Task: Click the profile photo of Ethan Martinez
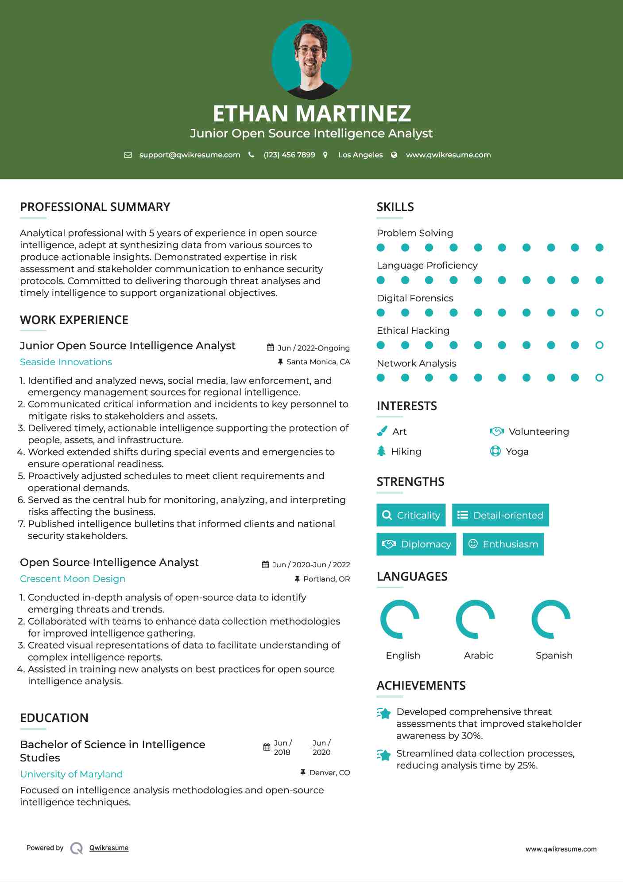(311, 59)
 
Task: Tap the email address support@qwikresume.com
(190, 155)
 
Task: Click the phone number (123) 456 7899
(289, 155)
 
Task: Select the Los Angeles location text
(360, 155)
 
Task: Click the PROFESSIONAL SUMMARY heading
(95, 207)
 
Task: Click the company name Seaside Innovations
(66, 362)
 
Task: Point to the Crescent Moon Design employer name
(73, 579)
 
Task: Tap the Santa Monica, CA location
(318, 362)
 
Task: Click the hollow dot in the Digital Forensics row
(599, 312)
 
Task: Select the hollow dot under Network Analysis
(599, 378)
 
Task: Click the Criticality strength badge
(411, 515)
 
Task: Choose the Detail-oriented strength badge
(500, 515)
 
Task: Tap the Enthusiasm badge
(503, 544)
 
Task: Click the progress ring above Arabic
(475, 619)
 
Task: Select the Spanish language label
(553, 655)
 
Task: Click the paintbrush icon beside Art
(382, 431)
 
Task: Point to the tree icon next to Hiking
(381, 451)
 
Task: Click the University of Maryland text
(71, 774)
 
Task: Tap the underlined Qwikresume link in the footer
(109, 848)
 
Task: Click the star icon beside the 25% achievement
(384, 755)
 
